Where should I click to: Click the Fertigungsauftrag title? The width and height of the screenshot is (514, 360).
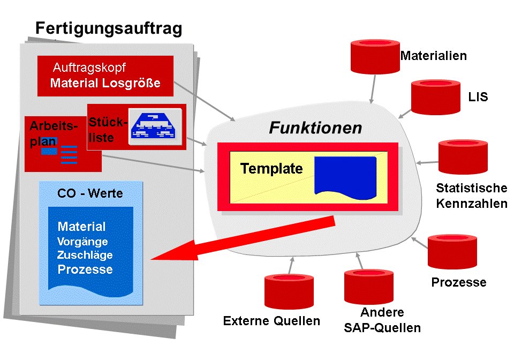(x=109, y=28)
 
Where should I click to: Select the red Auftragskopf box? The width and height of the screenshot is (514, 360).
(x=105, y=76)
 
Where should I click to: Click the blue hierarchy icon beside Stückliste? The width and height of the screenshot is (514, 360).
(x=154, y=126)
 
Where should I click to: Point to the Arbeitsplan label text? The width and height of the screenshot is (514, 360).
(x=54, y=133)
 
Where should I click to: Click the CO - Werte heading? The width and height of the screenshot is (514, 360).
(x=90, y=193)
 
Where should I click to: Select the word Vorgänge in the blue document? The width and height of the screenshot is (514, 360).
(x=82, y=242)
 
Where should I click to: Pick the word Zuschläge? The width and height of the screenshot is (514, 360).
(x=85, y=255)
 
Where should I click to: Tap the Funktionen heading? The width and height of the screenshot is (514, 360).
(x=315, y=127)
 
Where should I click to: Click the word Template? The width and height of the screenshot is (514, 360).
(x=271, y=169)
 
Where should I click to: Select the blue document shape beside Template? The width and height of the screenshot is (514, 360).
(x=345, y=178)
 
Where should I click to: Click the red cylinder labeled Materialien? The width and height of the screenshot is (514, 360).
(x=375, y=56)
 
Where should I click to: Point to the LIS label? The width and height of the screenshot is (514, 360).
(x=478, y=97)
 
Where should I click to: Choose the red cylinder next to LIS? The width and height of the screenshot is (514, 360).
(x=436, y=97)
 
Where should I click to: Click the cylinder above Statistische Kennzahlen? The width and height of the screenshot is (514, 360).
(x=463, y=157)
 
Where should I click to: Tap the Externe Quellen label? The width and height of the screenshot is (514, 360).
(x=271, y=321)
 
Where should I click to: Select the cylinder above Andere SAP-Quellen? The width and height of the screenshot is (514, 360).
(x=369, y=287)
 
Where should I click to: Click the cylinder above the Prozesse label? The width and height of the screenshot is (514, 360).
(x=452, y=251)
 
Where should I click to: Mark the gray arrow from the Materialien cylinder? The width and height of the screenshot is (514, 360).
(x=373, y=89)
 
